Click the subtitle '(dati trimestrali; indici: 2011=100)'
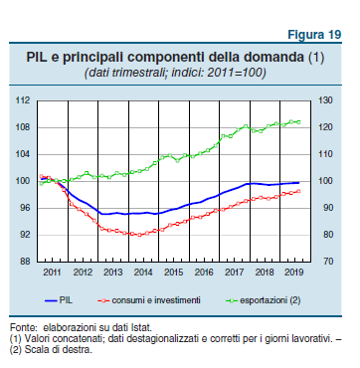point(179,74)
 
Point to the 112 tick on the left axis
point(23,100)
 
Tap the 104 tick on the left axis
point(23,154)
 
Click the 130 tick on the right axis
point(325,100)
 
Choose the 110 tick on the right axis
point(325,154)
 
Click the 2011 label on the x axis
point(52,272)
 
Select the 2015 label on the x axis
point(174,272)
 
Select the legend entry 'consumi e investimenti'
point(158,299)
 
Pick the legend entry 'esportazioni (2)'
point(265,299)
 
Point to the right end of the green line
point(300,122)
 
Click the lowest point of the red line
point(136,235)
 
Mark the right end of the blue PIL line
point(300,182)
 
